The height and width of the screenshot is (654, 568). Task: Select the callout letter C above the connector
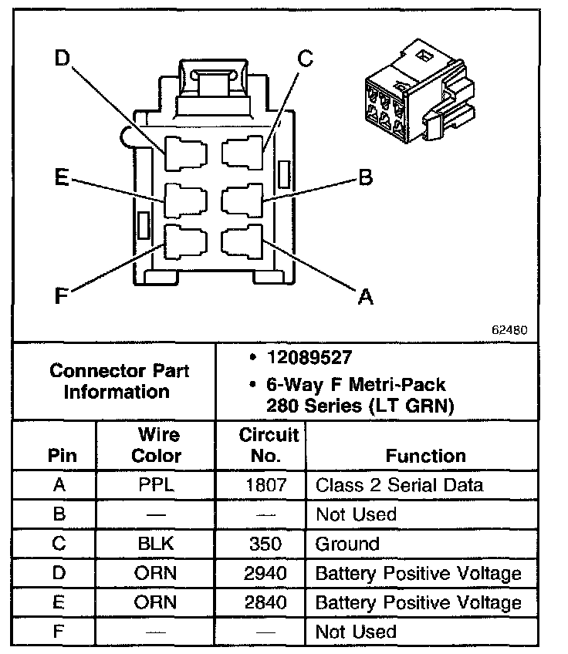(x=306, y=59)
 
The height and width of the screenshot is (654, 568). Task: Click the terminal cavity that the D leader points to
(x=185, y=153)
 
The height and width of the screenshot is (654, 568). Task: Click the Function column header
(x=425, y=456)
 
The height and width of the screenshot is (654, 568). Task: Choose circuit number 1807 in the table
(x=263, y=485)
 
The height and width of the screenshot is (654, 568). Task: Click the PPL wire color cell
(x=156, y=485)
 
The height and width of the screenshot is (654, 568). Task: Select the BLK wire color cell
(x=156, y=544)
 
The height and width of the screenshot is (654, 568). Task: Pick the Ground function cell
(x=347, y=544)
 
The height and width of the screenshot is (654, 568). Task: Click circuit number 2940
(x=263, y=573)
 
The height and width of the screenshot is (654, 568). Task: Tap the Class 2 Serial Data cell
(x=399, y=485)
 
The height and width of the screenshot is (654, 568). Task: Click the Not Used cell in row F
(x=356, y=632)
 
